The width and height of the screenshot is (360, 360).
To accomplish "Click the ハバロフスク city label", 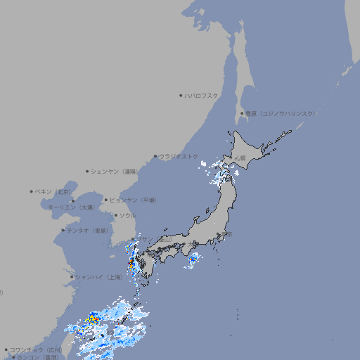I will [202, 95].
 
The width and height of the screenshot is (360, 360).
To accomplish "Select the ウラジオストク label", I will [179, 156].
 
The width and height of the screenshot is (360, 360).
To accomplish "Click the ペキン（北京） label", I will [54, 191].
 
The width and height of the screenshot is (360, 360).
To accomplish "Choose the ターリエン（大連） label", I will [71, 208].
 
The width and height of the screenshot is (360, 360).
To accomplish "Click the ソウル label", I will [127, 215].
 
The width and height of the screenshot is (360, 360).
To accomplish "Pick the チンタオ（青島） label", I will [87, 230].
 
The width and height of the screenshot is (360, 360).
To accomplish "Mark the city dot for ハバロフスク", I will [181, 95].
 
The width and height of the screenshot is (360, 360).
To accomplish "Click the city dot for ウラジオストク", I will [155, 156].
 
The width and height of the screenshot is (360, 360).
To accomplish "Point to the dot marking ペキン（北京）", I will [32, 191].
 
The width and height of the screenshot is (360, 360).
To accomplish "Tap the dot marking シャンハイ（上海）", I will [72, 276].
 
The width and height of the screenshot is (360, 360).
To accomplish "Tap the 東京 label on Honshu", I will [226, 234].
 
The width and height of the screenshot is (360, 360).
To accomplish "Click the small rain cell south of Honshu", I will [193, 261].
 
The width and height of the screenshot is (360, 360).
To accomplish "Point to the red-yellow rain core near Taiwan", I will [91, 321].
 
